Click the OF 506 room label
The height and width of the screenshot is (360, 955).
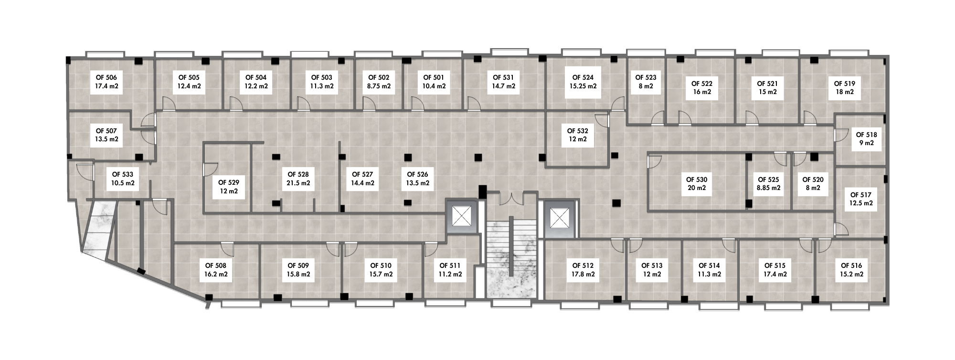point(106,77)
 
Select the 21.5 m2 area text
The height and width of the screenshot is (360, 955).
point(298,183)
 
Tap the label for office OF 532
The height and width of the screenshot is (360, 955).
point(577,131)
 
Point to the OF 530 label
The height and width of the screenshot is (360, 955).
point(697,180)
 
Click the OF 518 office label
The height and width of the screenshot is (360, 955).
point(866,135)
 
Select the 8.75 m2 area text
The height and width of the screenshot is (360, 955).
point(379,86)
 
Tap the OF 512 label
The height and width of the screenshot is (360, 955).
point(583,265)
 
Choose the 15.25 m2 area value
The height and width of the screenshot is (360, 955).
point(583,86)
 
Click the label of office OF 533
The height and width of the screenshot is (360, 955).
point(123,175)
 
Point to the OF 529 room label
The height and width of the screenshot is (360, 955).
point(229,182)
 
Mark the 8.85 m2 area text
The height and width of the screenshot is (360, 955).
point(768,188)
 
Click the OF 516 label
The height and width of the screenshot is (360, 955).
point(851,265)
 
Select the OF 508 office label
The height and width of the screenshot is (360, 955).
point(216,265)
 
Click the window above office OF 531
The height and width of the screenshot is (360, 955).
point(509,52)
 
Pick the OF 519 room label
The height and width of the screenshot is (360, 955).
point(845,84)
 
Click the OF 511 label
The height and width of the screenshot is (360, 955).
point(450,265)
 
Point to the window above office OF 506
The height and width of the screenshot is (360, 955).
point(105,54)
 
